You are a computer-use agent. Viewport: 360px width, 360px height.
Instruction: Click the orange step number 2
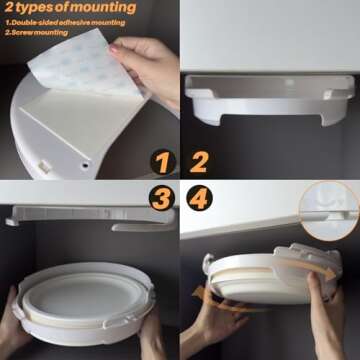[x=200, y=161]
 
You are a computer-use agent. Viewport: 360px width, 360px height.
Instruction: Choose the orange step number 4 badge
[x=200, y=198]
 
